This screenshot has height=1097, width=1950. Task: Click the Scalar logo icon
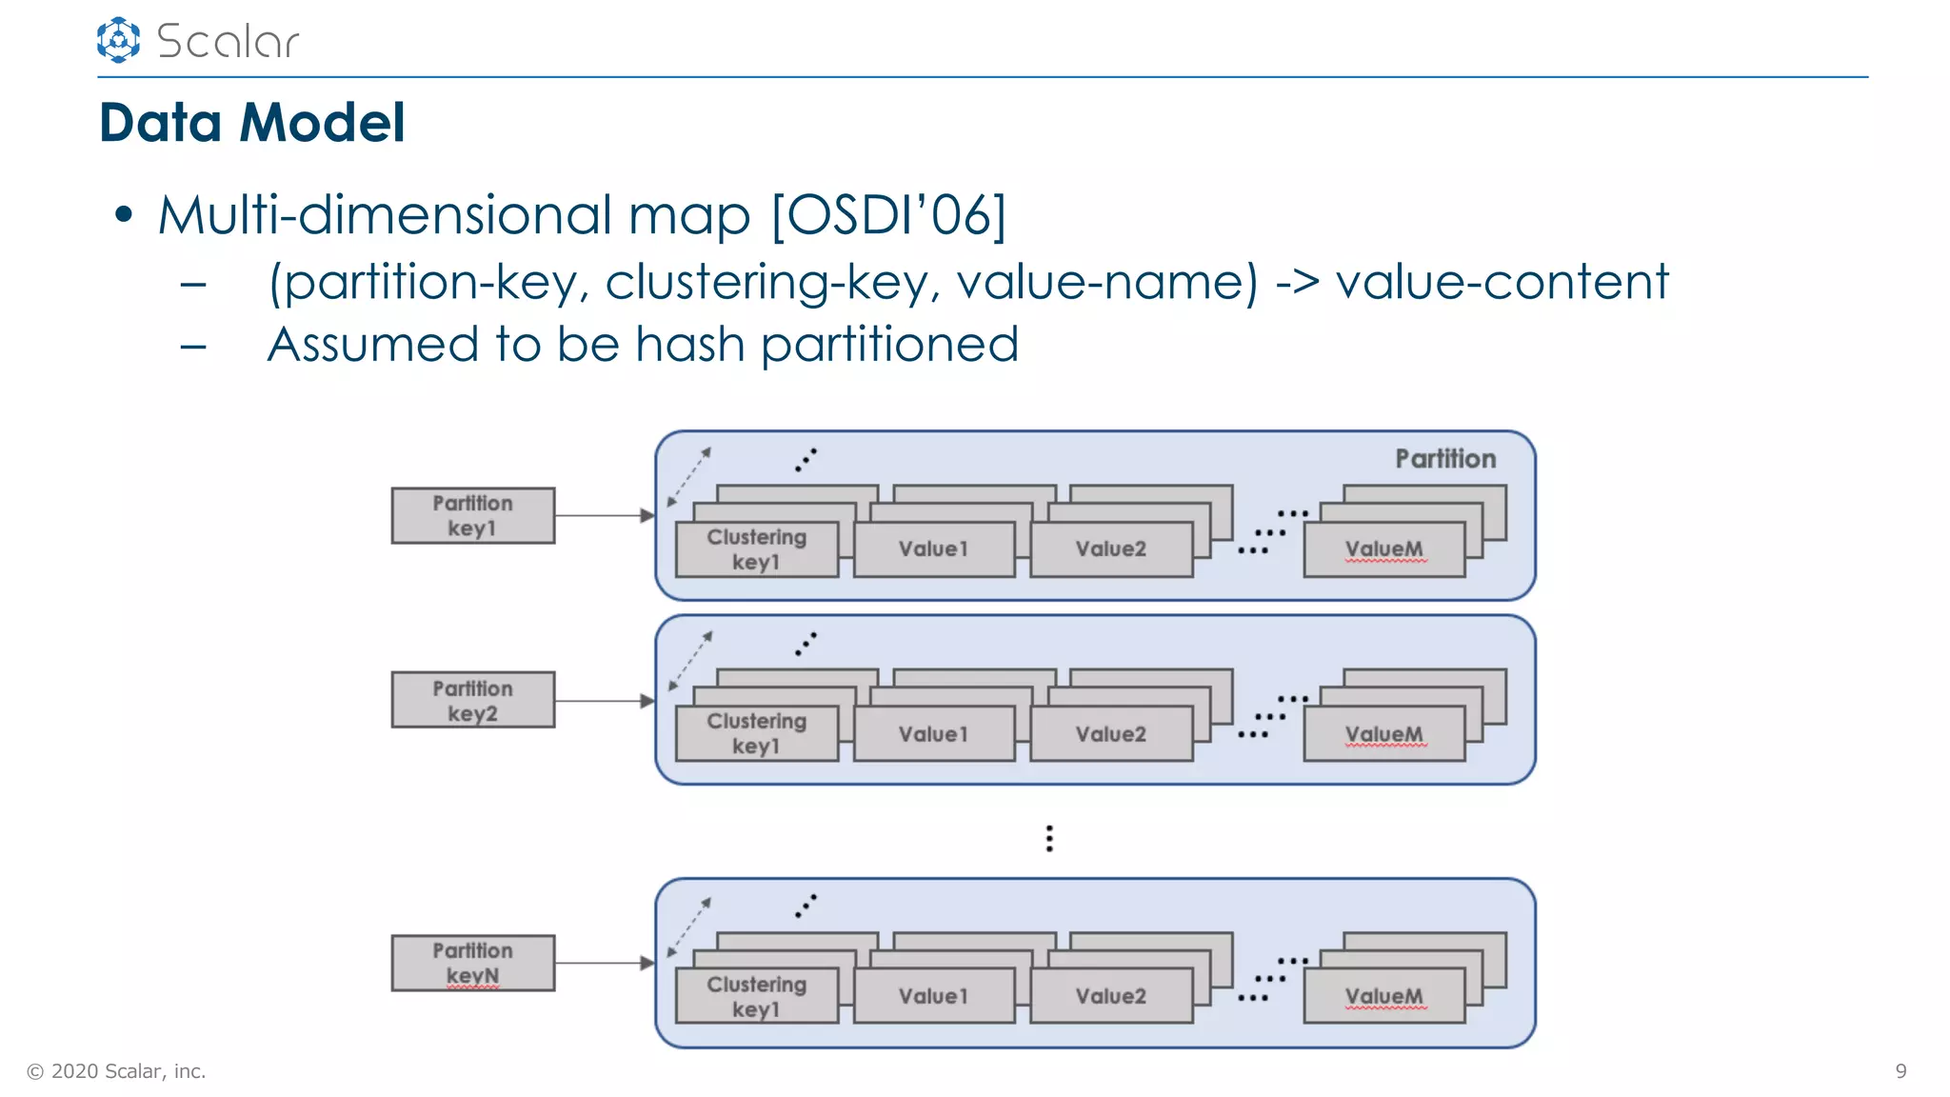click(x=118, y=40)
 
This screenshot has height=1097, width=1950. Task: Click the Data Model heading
click(x=251, y=123)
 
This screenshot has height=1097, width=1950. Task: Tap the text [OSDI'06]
click(x=887, y=215)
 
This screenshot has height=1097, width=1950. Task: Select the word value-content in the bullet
click(x=1502, y=282)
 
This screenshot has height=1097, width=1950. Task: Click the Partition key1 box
click(x=472, y=516)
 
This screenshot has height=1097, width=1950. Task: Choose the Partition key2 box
click(x=472, y=701)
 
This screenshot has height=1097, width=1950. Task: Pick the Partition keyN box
click(x=472, y=963)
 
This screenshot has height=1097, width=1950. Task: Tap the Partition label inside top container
click(x=1444, y=459)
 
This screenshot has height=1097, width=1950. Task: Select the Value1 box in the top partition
click(x=933, y=549)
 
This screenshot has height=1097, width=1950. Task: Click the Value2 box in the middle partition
click(x=1110, y=734)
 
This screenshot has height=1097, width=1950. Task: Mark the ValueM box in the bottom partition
click(x=1383, y=996)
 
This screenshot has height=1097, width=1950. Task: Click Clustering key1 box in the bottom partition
click(x=756, y=996)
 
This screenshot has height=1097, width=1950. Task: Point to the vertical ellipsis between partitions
click(x=1048, y=838)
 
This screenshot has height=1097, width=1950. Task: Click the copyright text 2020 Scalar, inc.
click(x=116, y=1071)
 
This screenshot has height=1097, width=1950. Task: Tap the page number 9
click(x=1900, y=1071)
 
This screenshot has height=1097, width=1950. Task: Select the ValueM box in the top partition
click(x=1383, y=549)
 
